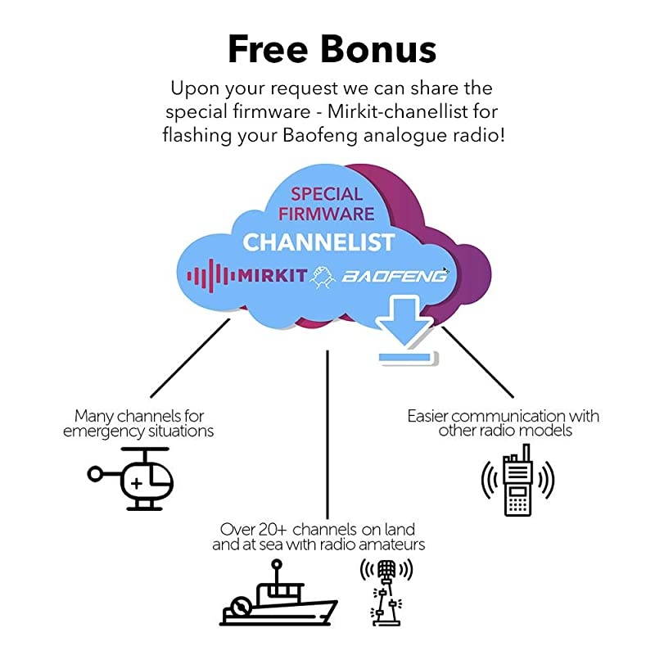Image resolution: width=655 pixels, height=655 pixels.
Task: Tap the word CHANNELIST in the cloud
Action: point(318,242)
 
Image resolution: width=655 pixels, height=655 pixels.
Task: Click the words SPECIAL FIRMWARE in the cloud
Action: point(327,204)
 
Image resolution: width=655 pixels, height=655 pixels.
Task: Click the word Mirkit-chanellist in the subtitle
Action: point(377,111)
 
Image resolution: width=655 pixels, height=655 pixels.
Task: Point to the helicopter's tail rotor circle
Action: point(96,473)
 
